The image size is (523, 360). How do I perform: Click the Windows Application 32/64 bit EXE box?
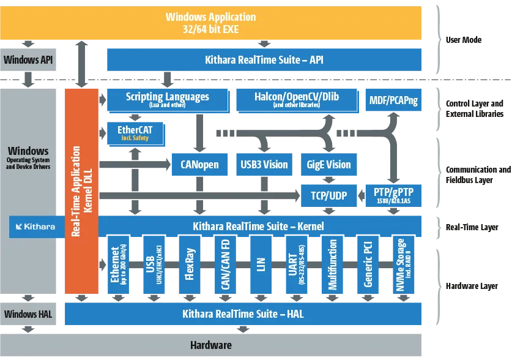coord(211,22)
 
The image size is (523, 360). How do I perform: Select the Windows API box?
coord(29,60)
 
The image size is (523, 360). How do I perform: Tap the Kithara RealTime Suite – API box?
coord(264,60)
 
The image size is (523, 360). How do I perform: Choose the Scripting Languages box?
coord(167,100)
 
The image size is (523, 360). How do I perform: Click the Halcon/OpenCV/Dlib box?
coord(296,100)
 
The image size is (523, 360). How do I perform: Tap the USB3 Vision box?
coord(264,164)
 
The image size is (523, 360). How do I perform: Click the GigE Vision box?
coord(328,164)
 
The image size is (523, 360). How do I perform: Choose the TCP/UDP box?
coord(328,195)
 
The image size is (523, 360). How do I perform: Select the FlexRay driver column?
coord(190,268)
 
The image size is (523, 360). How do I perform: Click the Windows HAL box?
coord(29,314)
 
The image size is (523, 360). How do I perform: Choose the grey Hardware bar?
coord(211,345)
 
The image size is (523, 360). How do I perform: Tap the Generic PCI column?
coord(369,268)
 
